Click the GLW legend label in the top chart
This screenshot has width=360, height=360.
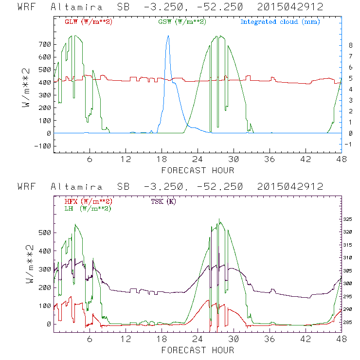[89, 22]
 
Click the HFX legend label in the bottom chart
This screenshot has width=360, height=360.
[89, 201]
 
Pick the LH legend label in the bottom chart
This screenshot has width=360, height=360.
[88, 209]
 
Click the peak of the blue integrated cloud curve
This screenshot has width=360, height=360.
[168, 36]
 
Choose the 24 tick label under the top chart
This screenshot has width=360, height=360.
[198, 160]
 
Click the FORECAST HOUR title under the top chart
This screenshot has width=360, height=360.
[198, 170]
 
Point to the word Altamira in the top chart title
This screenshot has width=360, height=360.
[76, 7]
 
